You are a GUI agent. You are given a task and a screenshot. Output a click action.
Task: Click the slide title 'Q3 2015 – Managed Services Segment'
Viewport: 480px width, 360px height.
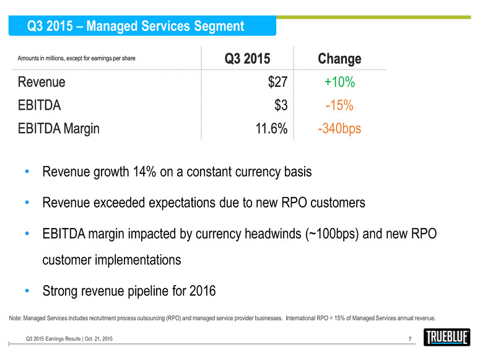(x=136, y=26)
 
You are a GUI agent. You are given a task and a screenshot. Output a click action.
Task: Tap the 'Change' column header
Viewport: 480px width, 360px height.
(x=339, y=59)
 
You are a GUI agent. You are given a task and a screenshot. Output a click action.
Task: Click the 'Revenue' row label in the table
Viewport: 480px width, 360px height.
(x=41, y=82)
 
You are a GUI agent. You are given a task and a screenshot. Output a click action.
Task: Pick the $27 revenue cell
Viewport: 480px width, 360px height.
(x=275, y=82)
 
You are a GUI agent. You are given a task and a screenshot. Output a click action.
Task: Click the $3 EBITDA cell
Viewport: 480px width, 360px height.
(x=280, y=106)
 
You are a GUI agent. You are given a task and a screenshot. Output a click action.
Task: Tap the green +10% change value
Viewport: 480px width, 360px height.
(x=339, y=82)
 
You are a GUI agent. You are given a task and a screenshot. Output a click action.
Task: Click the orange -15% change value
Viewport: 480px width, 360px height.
(x=339, y=106)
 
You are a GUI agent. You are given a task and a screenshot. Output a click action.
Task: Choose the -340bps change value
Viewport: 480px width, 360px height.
(x=339, y=129)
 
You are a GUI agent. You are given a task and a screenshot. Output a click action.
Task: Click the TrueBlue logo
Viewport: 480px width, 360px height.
(x=447, y=338)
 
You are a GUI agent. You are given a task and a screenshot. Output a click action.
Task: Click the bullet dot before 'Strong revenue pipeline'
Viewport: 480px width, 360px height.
(x=25, y=289)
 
